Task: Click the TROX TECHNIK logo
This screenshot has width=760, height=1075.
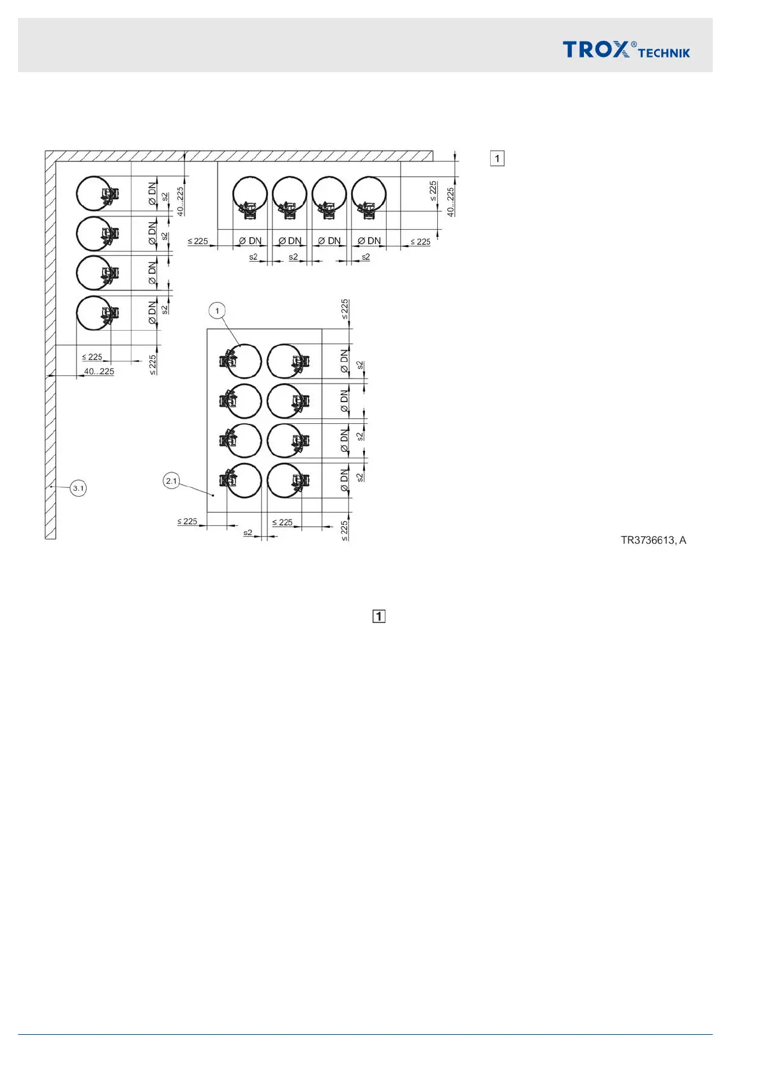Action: tap(625, 49)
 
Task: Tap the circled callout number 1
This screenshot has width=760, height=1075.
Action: tap(217, 311)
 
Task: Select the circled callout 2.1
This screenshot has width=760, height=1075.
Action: tap(172, 481)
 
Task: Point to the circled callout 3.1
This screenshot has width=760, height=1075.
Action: tap(78, 488)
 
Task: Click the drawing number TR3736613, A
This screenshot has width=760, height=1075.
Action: tap(653, 540)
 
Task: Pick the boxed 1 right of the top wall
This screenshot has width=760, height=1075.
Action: tap(497, 158)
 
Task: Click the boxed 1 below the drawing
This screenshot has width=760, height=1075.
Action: tap(378, 616)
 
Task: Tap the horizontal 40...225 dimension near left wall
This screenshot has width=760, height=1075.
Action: tap(99, 372)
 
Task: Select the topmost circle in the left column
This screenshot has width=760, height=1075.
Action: tap(93, 193)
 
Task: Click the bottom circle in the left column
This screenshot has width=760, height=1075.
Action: tap(93, 313)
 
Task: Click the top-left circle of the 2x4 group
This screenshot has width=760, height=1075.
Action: tap(244, 361)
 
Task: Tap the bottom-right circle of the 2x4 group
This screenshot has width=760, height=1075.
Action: tap(285, 481)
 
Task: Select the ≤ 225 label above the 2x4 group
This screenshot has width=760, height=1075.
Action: tap(345, 309)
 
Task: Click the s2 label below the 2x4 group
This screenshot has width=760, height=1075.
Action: tap(248, 532)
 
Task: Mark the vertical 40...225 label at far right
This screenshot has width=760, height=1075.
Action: tap(451, 202)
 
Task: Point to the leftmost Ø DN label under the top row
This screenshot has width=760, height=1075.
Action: tap(250, 241)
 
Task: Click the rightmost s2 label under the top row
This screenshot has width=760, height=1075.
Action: tap(366, 257)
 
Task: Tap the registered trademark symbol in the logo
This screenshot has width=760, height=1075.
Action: tap(634, 45)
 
